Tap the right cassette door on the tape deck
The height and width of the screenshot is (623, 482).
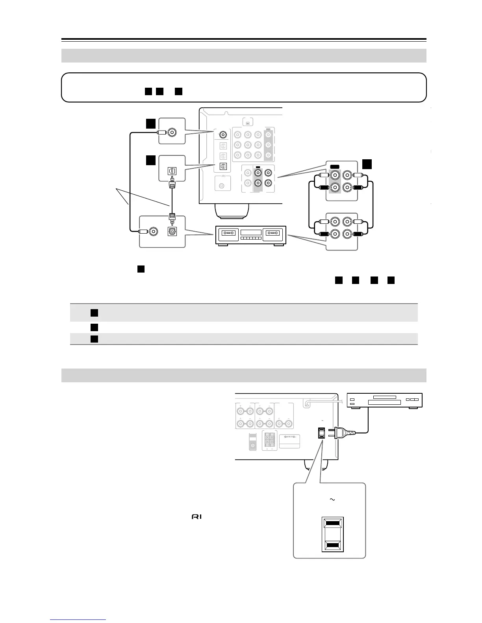click(274, 233)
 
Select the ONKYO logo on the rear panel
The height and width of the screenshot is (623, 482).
click(289, 438)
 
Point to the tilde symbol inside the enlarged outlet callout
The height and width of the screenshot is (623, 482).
click(332, 500)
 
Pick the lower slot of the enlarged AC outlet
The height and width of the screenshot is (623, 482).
click(333, 545)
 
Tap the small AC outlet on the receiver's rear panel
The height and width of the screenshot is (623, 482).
click(322, 433)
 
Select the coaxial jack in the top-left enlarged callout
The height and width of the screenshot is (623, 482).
click(172, 133)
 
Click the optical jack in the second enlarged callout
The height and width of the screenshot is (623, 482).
click(172, 171)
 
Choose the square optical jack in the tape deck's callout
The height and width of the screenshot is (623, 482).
click(172, 232)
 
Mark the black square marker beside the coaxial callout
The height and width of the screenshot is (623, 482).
click(150, 124)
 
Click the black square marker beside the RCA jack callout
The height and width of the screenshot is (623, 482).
click(367, 164)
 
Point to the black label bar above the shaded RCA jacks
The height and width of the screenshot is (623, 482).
click(335, 167)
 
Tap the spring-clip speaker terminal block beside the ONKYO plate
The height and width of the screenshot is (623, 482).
click(270, 441)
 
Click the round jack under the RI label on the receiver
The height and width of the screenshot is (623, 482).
click(222, 185)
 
